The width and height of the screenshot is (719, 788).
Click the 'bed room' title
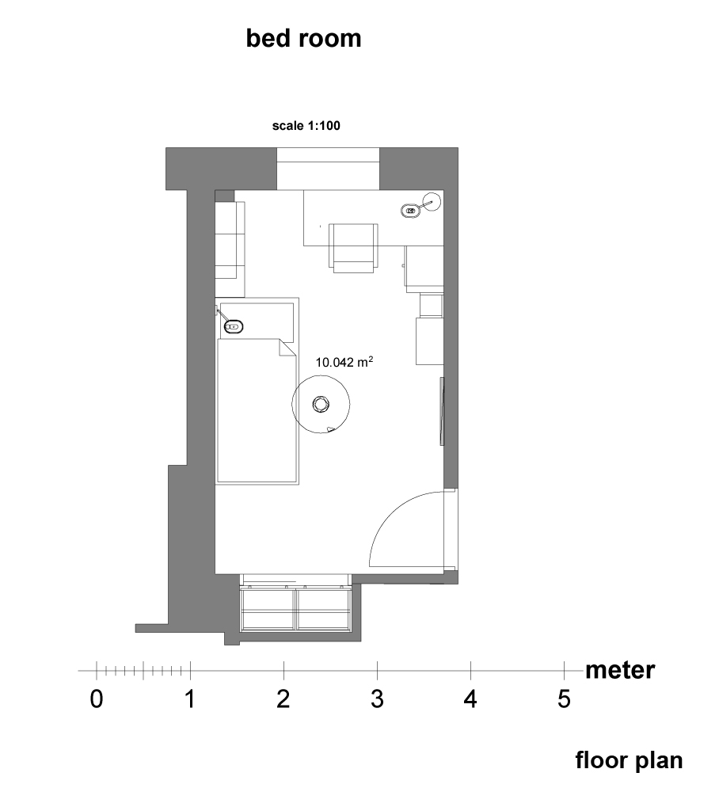pyautogui.click(x=303, y=39)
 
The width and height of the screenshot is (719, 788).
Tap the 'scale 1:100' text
pyautogui.click(x=306, y=126)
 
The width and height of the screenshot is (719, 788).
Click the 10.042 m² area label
pyautogui.click(x=344, y=362)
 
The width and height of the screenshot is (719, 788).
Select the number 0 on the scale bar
pyautogui.click(x=97, y=699)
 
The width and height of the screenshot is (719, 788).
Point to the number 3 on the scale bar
pyautogui.click(x=378, y=699)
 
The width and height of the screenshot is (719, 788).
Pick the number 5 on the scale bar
pyautogui.click(x=565, y=699)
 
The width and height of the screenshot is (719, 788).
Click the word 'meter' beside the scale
pyautogui.click(x=620, y=671)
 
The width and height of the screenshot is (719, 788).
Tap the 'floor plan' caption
pyautogui.click(x=629, y=761)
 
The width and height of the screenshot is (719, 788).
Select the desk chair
pyautogui.click(x=354, y=248)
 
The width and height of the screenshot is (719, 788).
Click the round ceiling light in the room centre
pyautogui.click(x=321, y=404)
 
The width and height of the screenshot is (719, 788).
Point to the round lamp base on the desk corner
pyautogui.click(x=431, y=201)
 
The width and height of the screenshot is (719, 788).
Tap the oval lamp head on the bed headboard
pyautogui.click(x=234, y=326)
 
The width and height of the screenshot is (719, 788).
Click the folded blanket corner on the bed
pyautogui.click(x=287, y=348)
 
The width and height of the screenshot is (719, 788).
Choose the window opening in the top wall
pyautogui.click(x=328, y=169)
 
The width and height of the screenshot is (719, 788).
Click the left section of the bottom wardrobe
pyautogui.click(x=268, y=609)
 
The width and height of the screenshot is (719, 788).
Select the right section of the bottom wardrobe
pyautogui.click(x=323, y=609)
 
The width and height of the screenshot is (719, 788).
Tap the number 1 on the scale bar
pyautogui.click(x=190, y=699)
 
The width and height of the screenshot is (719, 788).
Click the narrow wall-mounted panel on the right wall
pyautogui.click(x=442, y=411)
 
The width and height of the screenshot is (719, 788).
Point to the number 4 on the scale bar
pyautogui.click(x=470, y=699)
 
